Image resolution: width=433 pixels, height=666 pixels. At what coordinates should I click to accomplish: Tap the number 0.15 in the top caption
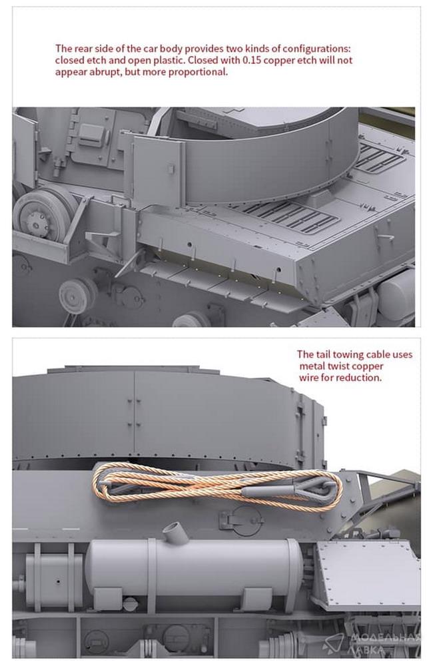click(x=251, y=60)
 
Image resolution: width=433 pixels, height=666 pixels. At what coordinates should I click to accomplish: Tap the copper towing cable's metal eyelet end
click(x=318, y=488)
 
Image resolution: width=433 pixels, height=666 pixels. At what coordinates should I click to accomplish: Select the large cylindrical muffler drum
click(x=193, y=569)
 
